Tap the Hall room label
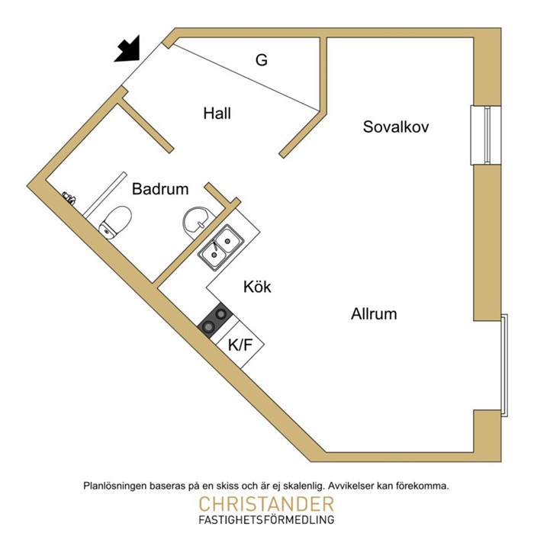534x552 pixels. point(217,114)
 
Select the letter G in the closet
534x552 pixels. point(262,59)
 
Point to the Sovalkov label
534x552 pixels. point(396,127)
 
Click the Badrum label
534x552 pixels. point(160,188)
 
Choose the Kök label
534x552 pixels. point(257,287)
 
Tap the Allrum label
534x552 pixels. point(374,313)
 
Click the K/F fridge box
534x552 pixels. point(240,345)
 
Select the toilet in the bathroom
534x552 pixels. point(115,223)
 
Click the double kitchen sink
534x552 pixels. point(221,248)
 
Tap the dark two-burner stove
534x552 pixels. point(215,320)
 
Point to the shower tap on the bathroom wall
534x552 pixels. point(69,198)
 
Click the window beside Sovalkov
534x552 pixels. point(486,135)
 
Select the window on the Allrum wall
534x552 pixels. point(504,365)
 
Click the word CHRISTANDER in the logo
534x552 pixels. point(266,504)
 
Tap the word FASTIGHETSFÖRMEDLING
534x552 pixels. point(266,520)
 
